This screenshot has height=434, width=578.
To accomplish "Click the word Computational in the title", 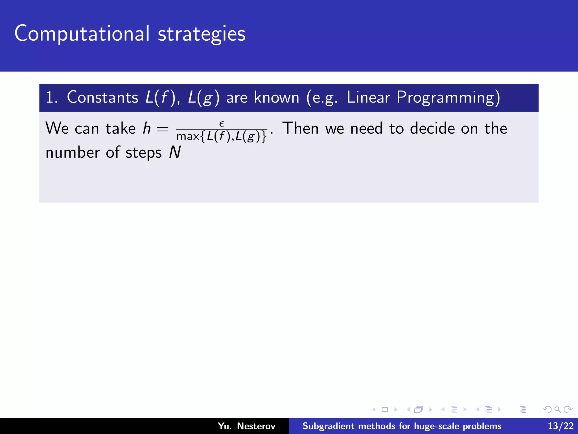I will tap(82, 34).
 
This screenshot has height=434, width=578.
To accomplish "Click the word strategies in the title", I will tap(202, 34).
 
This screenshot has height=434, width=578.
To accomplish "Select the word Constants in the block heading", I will tap(102, 97).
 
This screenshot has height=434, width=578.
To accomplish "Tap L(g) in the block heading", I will tap(203, 98).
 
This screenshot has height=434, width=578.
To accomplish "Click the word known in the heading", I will tap(276, 97).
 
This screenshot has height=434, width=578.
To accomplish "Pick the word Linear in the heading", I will tap(368, 97).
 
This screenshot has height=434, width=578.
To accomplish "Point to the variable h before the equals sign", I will tap(146, 129).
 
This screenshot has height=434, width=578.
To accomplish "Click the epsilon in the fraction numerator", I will tap(222, 124).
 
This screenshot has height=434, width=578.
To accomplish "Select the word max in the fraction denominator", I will tap(188, 136).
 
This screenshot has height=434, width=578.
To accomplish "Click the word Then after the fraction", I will tap(300, 128).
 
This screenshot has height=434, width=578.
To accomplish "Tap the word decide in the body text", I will tap(432, 128).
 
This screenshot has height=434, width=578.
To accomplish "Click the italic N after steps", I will tap(175, 153).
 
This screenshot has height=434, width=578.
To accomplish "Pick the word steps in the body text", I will tap(143, 153).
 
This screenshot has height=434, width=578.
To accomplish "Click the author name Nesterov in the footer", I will tap(256, 426).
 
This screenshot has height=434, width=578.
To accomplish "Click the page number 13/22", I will tap(561, 426).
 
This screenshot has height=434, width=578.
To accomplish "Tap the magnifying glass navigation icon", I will tap(557, 409).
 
